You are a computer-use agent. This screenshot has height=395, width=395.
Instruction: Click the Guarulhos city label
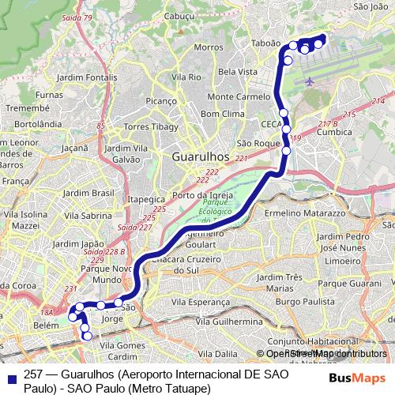[200, 157]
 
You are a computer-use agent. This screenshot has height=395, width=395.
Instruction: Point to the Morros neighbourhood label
[208, 47]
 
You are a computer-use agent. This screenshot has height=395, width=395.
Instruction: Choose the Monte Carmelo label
[239, 96]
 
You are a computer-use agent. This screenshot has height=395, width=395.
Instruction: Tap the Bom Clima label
[223, 115]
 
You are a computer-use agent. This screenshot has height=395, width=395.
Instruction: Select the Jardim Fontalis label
[88, 77]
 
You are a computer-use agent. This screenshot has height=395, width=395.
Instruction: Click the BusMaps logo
[356, 378]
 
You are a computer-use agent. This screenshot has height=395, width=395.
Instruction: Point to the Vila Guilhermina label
[228, 322]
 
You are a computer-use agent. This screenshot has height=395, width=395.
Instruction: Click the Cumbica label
[333, 134]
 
